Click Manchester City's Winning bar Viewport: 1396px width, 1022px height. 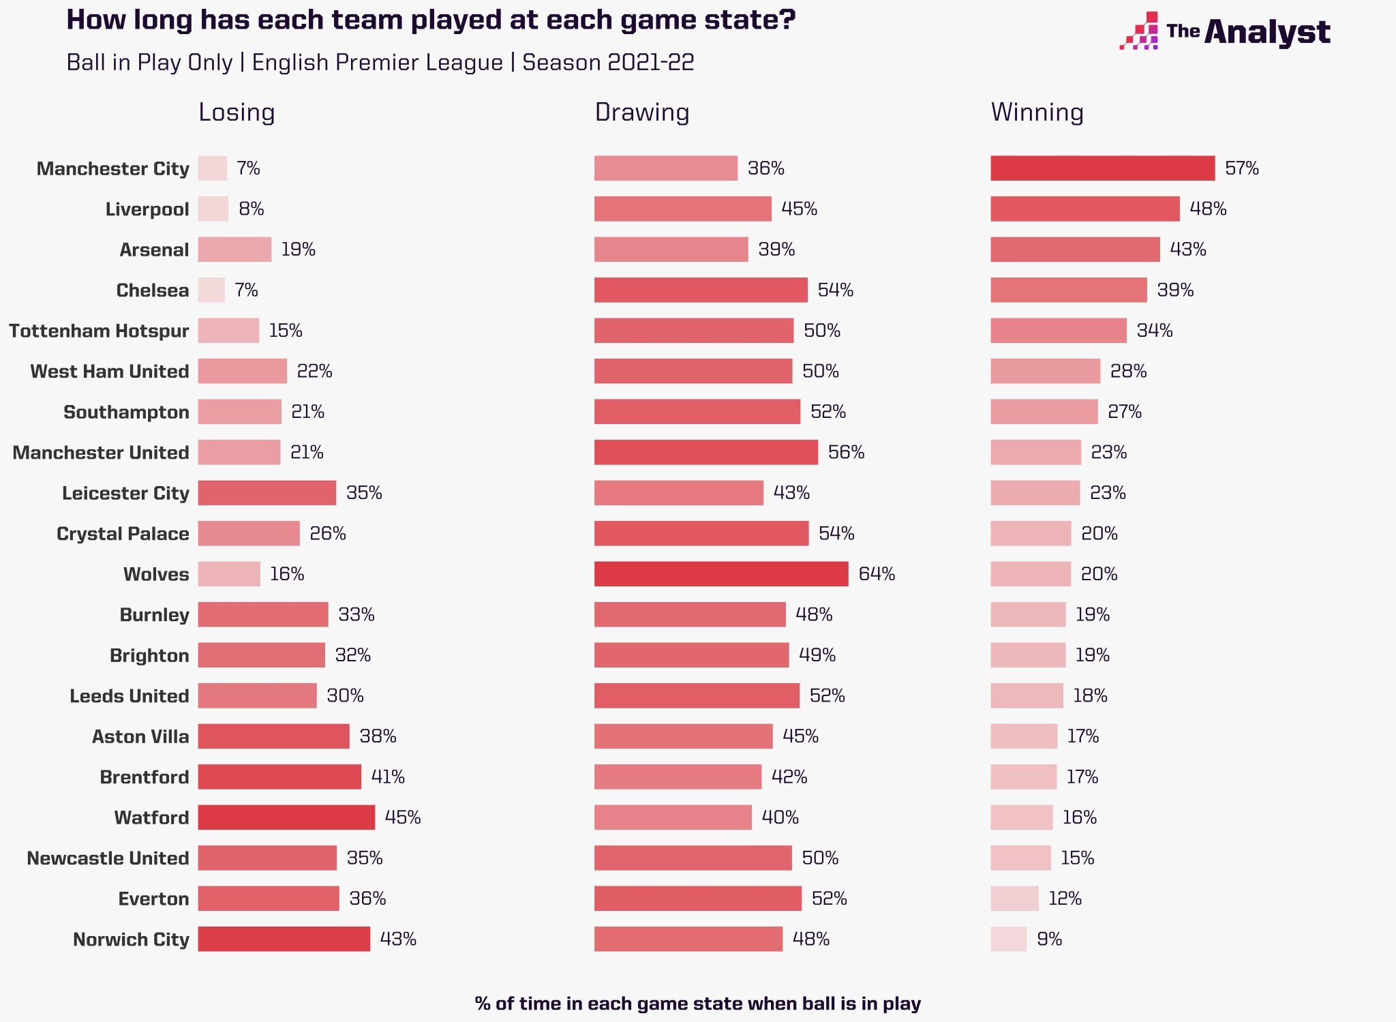(1102, 168)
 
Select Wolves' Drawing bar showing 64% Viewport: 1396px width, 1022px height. (721, 574)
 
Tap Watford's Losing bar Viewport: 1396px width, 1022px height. (286, 817)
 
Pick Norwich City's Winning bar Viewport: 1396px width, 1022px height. (1008, 939)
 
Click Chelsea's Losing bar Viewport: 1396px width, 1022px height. (211, 290)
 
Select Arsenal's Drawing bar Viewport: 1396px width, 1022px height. (671, 250)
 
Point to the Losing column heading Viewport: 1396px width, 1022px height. (237, 112)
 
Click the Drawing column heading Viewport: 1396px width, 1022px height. (641, 112)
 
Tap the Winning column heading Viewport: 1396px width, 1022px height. (1037, 112)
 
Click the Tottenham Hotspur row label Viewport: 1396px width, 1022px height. (99, 331)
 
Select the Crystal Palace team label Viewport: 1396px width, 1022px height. (123, 534)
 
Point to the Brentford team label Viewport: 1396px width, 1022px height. (144, 777)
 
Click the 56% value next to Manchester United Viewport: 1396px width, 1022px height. (846, 452)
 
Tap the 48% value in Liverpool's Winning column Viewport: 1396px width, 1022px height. (1208, 209)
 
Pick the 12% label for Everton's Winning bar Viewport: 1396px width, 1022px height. (1065, 899)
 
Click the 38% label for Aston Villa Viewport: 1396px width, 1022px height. (378, 736)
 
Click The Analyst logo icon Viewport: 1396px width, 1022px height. (1139, 31)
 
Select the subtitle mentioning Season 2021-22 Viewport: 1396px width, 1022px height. (380, 63)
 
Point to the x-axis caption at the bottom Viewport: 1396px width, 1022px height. (697, 1004)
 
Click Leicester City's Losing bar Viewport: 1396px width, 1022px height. (267, 493)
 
